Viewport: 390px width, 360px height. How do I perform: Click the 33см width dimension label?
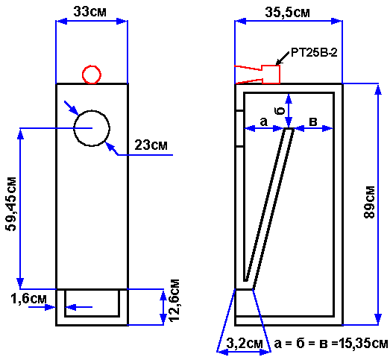(x=89, y=11)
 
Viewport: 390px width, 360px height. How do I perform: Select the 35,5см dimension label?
(x=287, y=12)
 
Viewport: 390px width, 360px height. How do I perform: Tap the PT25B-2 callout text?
(x=314, y=53)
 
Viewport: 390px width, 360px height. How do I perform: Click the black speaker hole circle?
(x=92, y=110)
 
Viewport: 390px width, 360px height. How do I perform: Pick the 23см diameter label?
(x=151, y=145)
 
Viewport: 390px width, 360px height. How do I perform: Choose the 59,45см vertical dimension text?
(x=12, y=204)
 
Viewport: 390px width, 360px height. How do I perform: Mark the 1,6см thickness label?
(x=28, y=299)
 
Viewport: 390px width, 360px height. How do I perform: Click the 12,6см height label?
(x=174, y=300)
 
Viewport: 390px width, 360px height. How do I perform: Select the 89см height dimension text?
(x=369, y=202)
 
